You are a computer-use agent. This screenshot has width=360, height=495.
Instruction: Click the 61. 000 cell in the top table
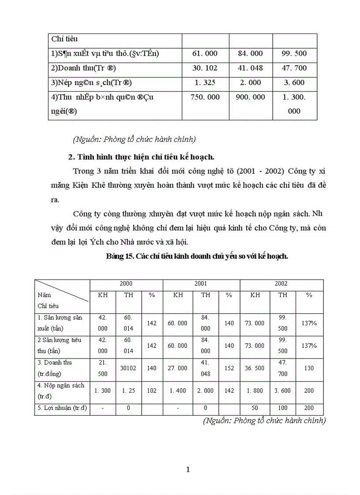tap(205, 53)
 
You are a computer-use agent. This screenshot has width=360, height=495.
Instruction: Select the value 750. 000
tap(205, 97)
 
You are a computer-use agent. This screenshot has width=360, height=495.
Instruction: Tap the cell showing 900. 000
tap(250, 97)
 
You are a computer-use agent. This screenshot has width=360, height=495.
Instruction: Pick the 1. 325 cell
tap(205, 82)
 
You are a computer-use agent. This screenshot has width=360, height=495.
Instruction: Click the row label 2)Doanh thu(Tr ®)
tap(83, 68)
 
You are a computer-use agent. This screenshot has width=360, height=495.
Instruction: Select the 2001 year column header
tap(201, 284)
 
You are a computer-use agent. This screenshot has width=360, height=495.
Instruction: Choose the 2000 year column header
tap(126, 284)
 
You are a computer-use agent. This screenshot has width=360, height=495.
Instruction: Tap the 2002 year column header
tap(281, 284)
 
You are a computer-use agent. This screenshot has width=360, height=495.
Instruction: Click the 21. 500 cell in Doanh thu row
tap(102, 368)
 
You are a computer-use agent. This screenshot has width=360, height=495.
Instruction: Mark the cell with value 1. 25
tap(128, 391)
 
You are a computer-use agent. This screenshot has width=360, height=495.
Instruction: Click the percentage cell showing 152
tap(229, 368)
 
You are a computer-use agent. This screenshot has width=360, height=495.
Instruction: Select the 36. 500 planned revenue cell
tap(255, 368)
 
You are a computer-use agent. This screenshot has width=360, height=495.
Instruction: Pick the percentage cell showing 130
tap(309, 368)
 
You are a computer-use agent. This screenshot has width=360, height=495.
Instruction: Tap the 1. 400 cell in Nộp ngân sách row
tap(177, 391)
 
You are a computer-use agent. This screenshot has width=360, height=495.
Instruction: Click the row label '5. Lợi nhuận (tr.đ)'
tap(62, 408)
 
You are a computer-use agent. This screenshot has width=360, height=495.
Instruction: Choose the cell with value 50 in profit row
tap(255, 408)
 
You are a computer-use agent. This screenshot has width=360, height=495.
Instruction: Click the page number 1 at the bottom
tap(188, 469)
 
